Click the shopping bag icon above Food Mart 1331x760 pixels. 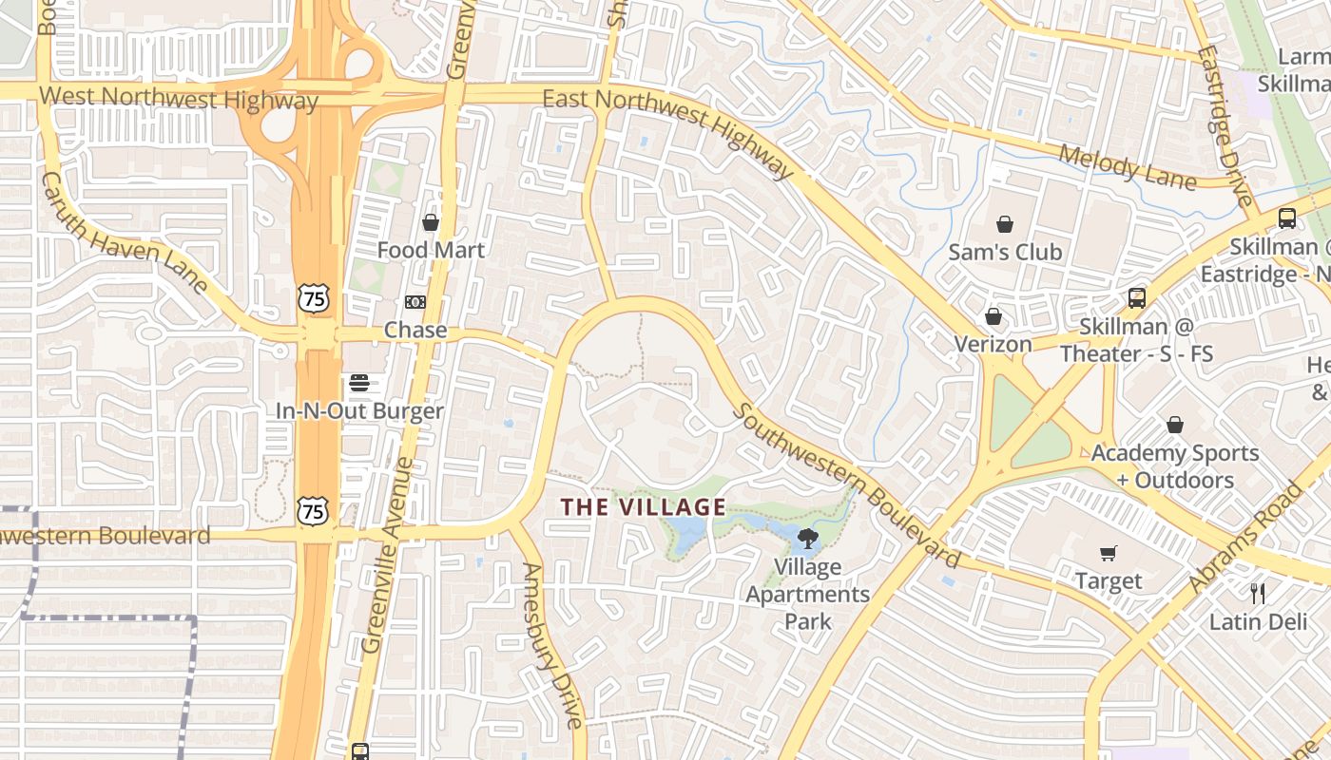click(431, 222)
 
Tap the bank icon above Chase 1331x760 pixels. click(415, 302)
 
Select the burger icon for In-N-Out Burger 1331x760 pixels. click(359, 383)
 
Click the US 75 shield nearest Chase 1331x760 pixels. click(313, 298)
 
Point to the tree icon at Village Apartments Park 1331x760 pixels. click(807, 540)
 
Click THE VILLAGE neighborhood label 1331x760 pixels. click(644, 507)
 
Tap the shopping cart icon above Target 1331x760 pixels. click(1109, 553)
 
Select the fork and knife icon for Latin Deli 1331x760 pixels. click(1258, 594)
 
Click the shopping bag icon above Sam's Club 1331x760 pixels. click(1005, 224)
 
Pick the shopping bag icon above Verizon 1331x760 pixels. click(993, 316)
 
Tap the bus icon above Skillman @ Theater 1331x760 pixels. click(1136, 298)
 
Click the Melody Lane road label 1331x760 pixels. click(1126, 165)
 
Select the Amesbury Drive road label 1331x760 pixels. click(551, 645)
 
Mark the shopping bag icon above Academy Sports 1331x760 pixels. click(1175, 425)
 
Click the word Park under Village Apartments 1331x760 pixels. click(808, 621)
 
